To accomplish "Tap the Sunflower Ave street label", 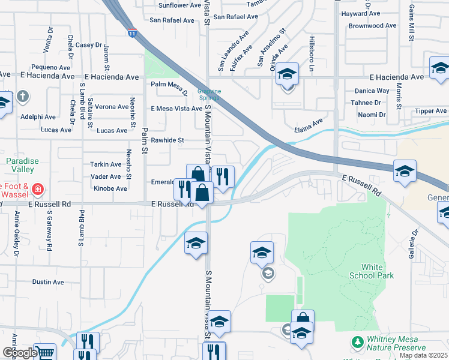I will click(179, 5).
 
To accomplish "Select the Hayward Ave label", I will click(361, 13).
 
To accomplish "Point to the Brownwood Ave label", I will click(373, 26).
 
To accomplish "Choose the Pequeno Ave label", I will click(51, 67).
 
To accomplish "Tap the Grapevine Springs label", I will click(209, 94).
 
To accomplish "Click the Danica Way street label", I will click(372, 91).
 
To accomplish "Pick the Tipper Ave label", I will click(430, 111).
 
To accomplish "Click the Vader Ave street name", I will click(106, 176).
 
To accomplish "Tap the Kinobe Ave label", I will click(110, 188).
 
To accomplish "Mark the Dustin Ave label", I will click(48, 282).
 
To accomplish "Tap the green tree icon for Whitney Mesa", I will click(358, 341).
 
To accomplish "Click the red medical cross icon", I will click(37, 190).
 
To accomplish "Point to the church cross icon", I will click(23, 96).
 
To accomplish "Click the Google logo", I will click(19, 352).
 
